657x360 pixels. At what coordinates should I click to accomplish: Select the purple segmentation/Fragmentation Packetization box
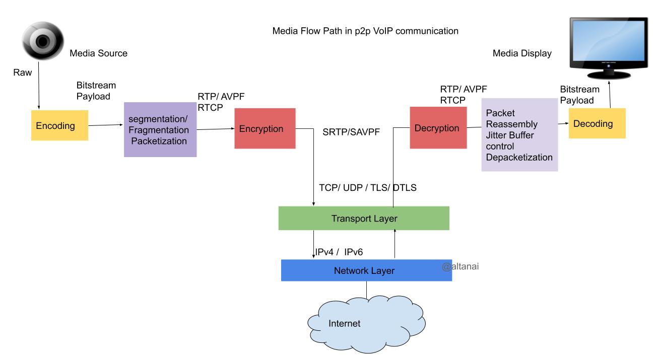tap(160, 129)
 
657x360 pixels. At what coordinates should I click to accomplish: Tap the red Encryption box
tap(265, 128)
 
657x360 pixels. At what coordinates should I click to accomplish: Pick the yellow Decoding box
tap(597, 123)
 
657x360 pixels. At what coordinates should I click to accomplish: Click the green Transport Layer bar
tap(363, 219)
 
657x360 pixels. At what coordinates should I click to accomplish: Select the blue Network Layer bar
tap(366, 271)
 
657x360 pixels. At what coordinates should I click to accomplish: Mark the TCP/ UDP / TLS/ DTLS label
tap(368, 187)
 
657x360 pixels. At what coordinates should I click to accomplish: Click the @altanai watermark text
tap(460, 267)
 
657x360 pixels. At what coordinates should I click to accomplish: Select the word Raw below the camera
tap(22, 73)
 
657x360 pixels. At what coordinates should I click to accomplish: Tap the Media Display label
tap(522, 53)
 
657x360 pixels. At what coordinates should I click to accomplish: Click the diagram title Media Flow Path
tap(365, 31)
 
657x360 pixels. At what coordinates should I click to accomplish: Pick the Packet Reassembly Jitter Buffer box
tap(519, 134)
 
